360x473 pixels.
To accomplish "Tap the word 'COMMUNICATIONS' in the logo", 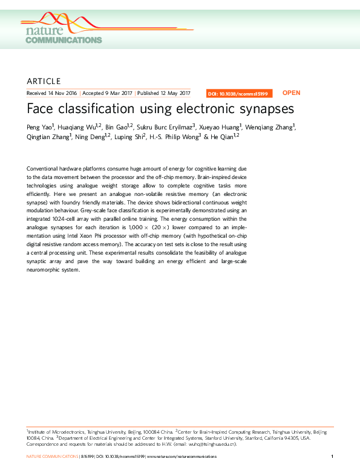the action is pos(64,40).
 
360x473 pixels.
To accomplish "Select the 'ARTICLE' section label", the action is pos(44,81).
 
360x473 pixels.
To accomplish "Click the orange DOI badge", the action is pos(240,94).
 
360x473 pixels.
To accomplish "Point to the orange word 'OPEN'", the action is pos(291,93).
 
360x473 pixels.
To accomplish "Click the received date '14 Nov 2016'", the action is pos(62,93).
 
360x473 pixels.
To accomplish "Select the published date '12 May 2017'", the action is pos(174,93).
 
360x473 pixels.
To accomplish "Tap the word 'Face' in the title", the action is pos(40,109).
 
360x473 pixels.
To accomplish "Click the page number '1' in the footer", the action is pos(333,456).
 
